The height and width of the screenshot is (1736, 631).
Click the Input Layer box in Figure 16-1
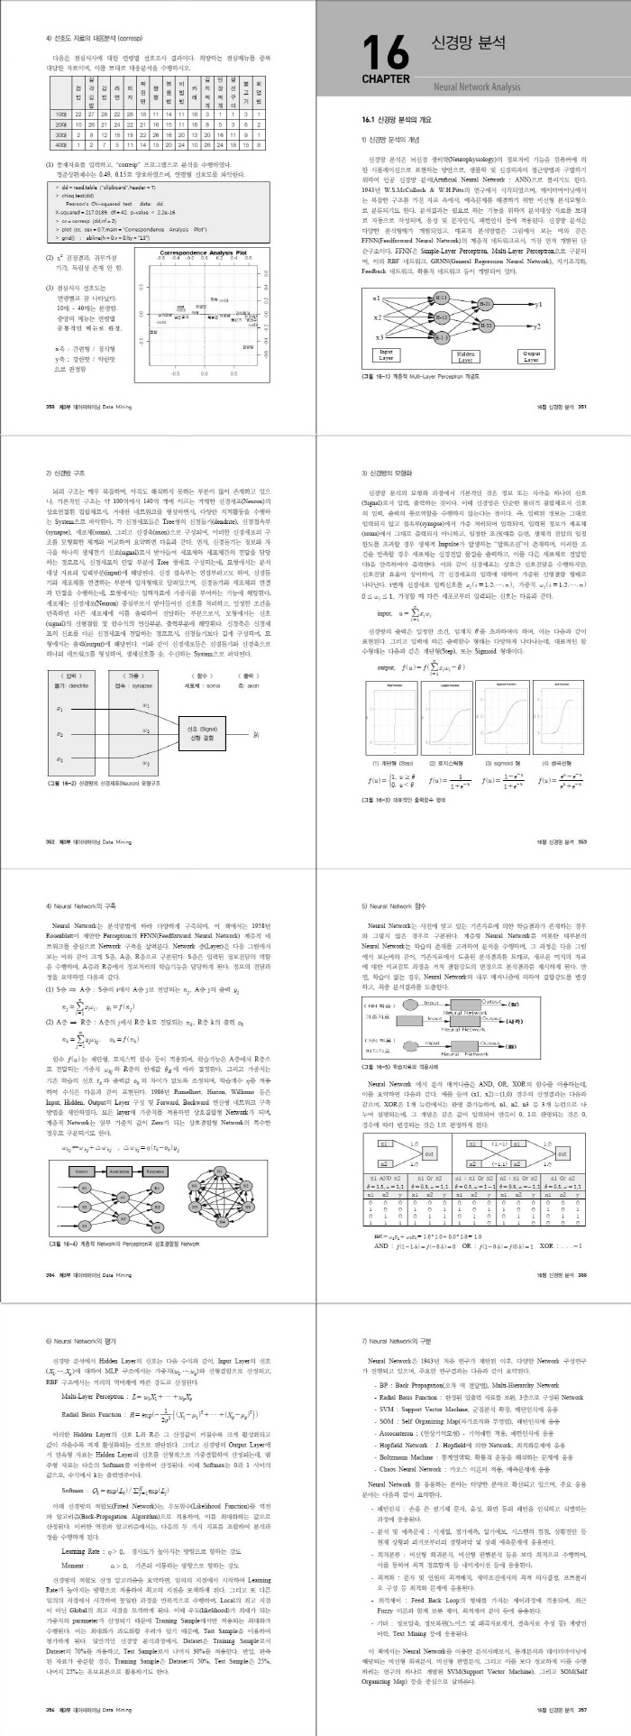tap(386, 356)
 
